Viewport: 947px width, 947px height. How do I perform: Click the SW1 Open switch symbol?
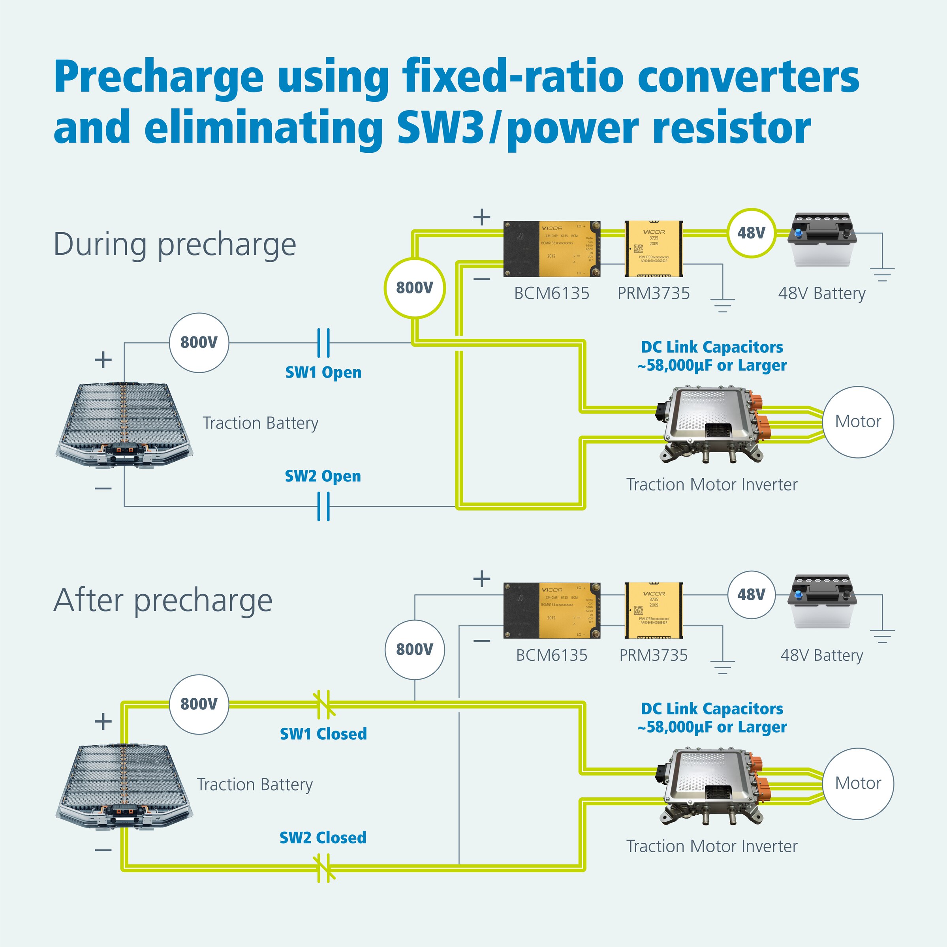(x=323, y=343)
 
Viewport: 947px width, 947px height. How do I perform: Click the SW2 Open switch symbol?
(x=323, y=506)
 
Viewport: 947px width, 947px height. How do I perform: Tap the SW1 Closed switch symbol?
(x=323, y=705)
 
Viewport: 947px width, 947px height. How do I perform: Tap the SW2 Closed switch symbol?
(x=323, y=868)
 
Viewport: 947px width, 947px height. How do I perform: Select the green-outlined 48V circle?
(x=751, y=233)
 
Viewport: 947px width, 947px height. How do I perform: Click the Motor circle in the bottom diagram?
(x=858, y=783)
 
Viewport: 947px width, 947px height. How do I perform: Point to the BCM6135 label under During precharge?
(x=551, y=293)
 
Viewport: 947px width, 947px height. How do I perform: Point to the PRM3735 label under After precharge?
(x=654, y=655)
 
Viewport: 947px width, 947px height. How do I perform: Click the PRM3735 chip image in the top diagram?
(x=654, y=248)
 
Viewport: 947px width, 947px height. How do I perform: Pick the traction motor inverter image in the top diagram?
(x=713, y=425)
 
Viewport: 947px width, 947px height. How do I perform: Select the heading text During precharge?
(x=175, y=244)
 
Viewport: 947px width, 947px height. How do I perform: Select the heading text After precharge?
(x=163, y=600)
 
